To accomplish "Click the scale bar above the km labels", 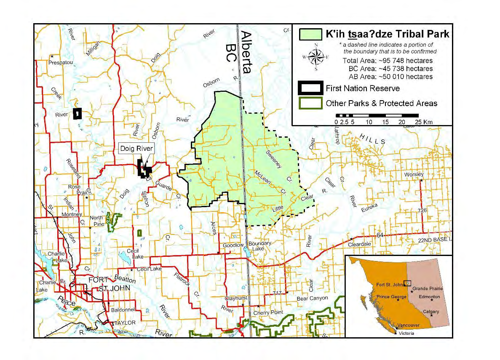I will tap(384, 115).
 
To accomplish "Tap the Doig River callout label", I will tap(136, 148).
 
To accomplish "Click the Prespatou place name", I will tap(61, 62).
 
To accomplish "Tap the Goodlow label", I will tap(233, 245).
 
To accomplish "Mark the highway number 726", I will tap(423, 210).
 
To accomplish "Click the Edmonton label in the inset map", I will tap(429, 297).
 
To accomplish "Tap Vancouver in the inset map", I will tap(408, 325).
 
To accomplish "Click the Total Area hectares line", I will tap(388, 61).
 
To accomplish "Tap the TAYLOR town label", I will tap(125, 323).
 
